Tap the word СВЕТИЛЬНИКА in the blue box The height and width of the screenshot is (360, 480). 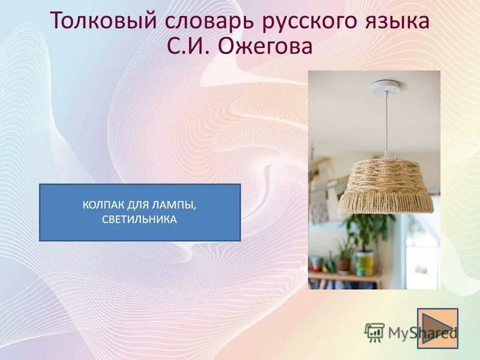(x=140, y=220)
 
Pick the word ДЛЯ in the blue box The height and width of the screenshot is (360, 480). (x=139, y=206)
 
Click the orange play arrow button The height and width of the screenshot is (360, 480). (x=437, y=328)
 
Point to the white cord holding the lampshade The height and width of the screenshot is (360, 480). (x=386, y=126)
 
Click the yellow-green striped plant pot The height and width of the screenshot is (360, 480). (x=364, y=263)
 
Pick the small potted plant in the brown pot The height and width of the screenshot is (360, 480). (x=344, y=259)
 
